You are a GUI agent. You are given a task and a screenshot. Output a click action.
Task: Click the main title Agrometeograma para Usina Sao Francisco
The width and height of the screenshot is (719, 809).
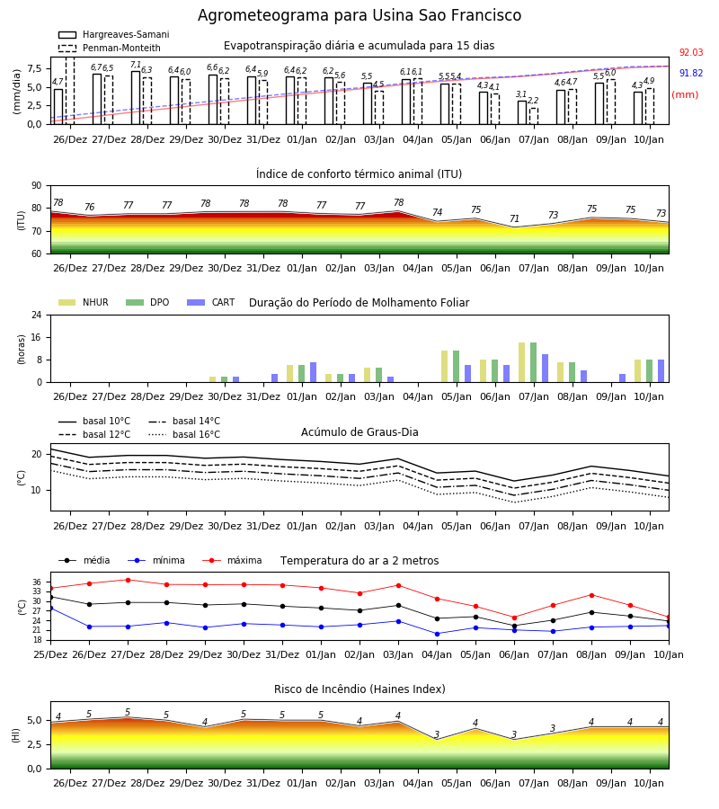(x=359, y=15)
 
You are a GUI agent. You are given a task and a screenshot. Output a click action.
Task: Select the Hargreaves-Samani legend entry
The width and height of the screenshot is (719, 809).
(x=113, y=34)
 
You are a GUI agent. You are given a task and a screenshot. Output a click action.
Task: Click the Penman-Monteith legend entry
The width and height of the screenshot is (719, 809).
(x=110, y=48)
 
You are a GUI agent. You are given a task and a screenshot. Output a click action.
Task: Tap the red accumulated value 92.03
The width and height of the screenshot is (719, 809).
(x=691, y=53)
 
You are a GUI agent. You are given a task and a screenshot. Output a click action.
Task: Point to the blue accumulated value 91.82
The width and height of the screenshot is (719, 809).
(x=691, y=74)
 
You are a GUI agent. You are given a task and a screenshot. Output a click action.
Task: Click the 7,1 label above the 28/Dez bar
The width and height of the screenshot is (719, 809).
(x=136, y=65)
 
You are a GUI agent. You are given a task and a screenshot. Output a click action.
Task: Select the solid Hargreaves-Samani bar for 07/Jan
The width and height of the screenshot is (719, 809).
(x=522, y=112)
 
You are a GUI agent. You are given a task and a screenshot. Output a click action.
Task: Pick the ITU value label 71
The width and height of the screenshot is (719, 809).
(x=514, y=218)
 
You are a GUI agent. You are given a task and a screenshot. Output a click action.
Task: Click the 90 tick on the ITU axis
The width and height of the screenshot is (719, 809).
(x=36, y=186)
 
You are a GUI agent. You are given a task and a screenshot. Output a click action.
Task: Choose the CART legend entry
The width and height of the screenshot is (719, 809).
(x=211, y=302)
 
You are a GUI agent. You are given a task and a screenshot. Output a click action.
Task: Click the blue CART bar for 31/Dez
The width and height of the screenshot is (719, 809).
(x=274, y=378)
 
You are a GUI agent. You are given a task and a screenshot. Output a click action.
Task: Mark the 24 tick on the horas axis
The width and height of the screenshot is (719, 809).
(x=37, y=315)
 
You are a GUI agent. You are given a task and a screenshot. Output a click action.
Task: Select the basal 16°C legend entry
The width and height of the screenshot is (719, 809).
(x=184, y=434)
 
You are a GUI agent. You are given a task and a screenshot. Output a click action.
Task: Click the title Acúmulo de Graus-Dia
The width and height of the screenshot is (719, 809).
(x=359, y=432)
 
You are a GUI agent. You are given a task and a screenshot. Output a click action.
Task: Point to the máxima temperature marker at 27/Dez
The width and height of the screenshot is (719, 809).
(x=128, y=580)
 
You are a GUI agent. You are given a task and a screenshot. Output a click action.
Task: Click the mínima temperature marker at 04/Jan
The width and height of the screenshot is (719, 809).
(x=438, y=634)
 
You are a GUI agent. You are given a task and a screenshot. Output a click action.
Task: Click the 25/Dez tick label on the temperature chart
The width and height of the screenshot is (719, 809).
(x=50, y=654)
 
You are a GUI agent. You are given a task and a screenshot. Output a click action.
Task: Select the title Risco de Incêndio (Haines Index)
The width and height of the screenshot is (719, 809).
(x=359, y=689)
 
